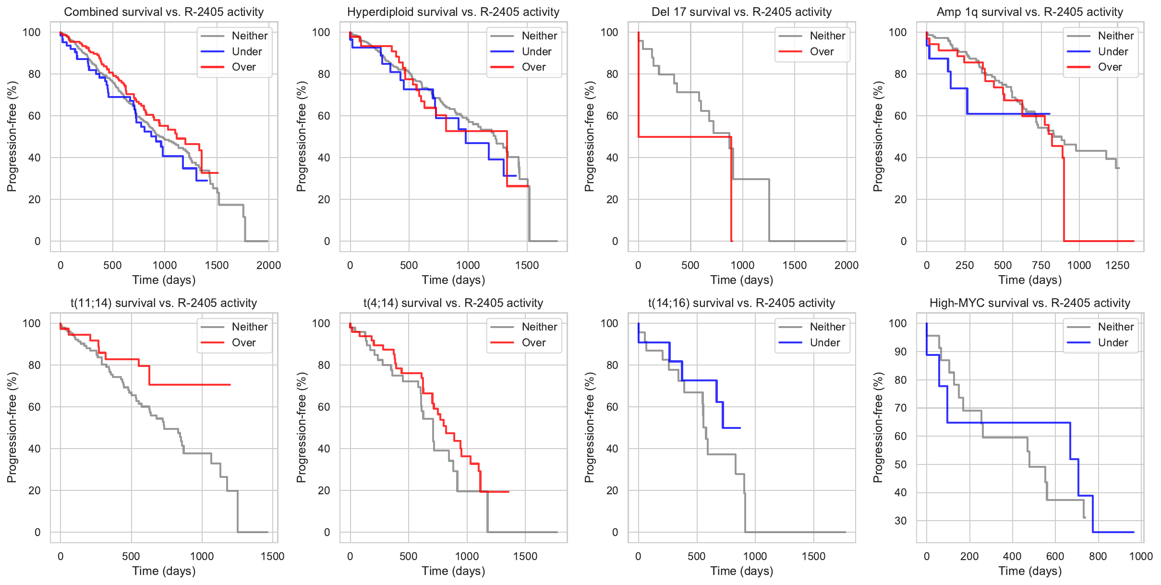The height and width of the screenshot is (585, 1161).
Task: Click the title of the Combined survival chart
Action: pos(164,12)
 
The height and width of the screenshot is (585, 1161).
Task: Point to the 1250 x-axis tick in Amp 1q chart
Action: pos(1117,266)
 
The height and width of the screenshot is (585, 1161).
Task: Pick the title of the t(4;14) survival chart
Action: pos(453,303)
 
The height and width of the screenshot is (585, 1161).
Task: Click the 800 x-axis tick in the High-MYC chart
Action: pos(1098,557)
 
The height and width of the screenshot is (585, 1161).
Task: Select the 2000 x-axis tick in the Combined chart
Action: pos(268,266)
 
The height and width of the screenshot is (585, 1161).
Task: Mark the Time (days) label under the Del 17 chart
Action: pos(741,280)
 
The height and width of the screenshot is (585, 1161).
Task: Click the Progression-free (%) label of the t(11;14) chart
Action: pos(12,427)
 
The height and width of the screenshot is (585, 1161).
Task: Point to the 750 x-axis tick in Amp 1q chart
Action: pos(1041,266)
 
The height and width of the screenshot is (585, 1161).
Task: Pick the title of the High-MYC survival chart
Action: pos(1029,303)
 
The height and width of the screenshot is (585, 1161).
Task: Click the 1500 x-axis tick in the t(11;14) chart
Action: pos(272,557)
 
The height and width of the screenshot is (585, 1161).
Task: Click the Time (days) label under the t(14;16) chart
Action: pos(741,571)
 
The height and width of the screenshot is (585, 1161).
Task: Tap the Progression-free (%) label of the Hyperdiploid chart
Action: pos(301,136)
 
